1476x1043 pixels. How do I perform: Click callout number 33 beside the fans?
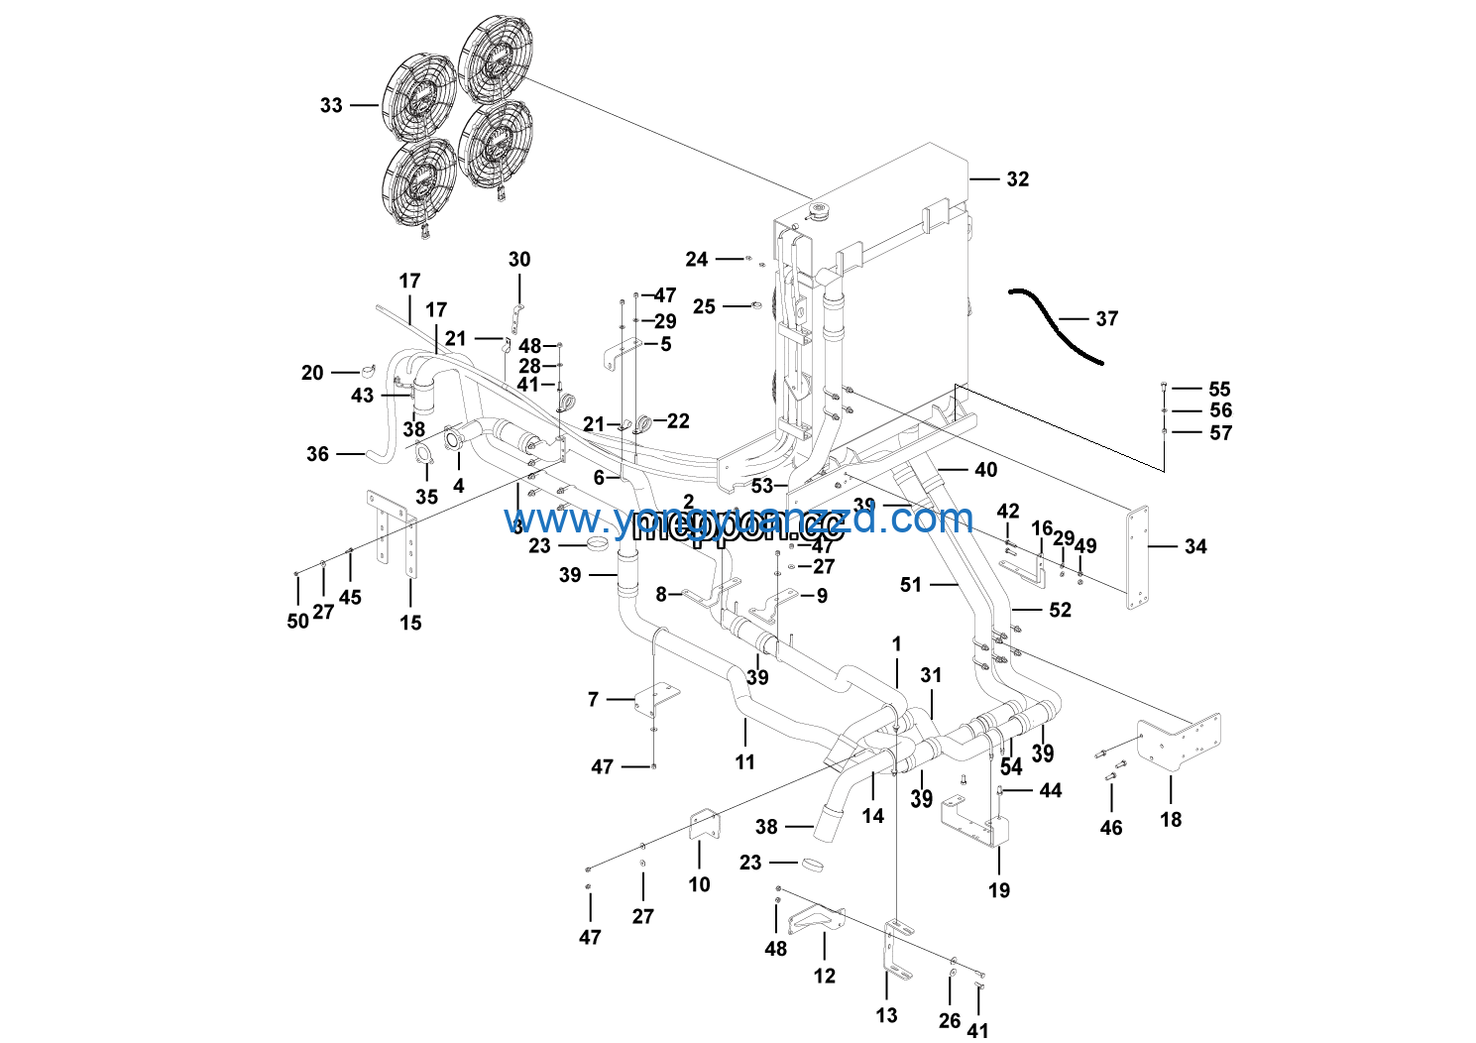click(331, 105)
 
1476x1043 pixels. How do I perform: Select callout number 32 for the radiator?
click(1018, 179)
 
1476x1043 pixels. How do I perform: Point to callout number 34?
click(1195, 546)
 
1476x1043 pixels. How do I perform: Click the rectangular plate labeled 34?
click(1137, 556)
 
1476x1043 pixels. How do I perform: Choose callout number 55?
click(1219, 390)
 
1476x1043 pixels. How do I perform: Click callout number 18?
click(1171, 820)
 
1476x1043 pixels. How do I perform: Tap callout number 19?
click(999, 890)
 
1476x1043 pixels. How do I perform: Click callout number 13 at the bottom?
click(887, 1015)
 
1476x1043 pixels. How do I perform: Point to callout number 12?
click(825, 977)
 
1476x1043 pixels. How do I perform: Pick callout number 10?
click(700, 884)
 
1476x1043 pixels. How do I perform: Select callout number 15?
click(411, 623)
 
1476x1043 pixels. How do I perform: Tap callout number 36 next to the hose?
click(317, 454)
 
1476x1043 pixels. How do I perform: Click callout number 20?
click(312, 373)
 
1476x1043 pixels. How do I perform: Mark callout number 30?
click(519, 260)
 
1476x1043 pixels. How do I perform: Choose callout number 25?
click(704, 307)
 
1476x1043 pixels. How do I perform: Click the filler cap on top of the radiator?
click(819, 211)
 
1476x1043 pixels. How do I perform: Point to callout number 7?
click(593, 700)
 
